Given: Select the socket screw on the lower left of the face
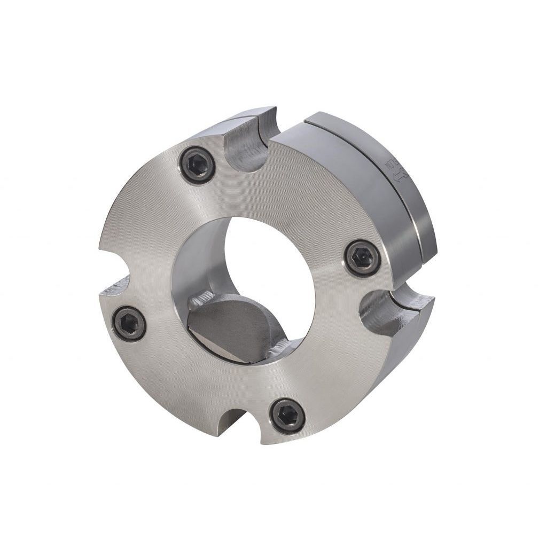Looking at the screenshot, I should (130, 324).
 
